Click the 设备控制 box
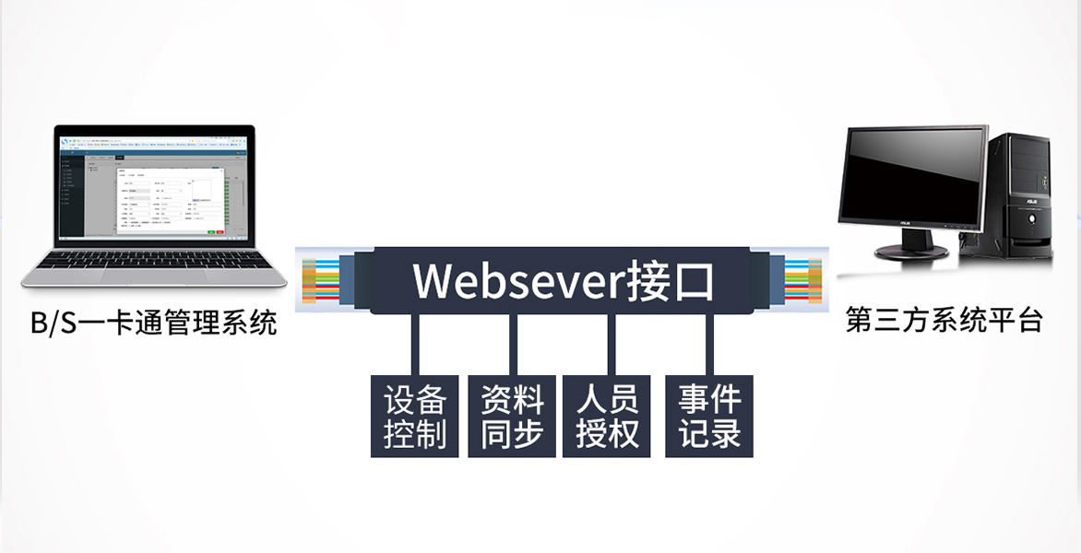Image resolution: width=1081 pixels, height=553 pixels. click(415, 416)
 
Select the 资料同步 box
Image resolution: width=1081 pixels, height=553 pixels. click(512, 416)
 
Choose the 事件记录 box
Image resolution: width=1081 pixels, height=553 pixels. click(709, 416)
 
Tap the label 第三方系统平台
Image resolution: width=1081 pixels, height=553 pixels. click(944, 321)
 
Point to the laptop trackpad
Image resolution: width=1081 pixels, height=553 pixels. click(153, 276)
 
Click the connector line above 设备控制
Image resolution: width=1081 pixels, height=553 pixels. click(415, 345)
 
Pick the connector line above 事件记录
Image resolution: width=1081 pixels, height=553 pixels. click(709, 345)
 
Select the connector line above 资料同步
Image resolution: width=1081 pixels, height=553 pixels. click(513, 345)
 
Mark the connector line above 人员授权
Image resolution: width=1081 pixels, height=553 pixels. click(610, 345)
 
